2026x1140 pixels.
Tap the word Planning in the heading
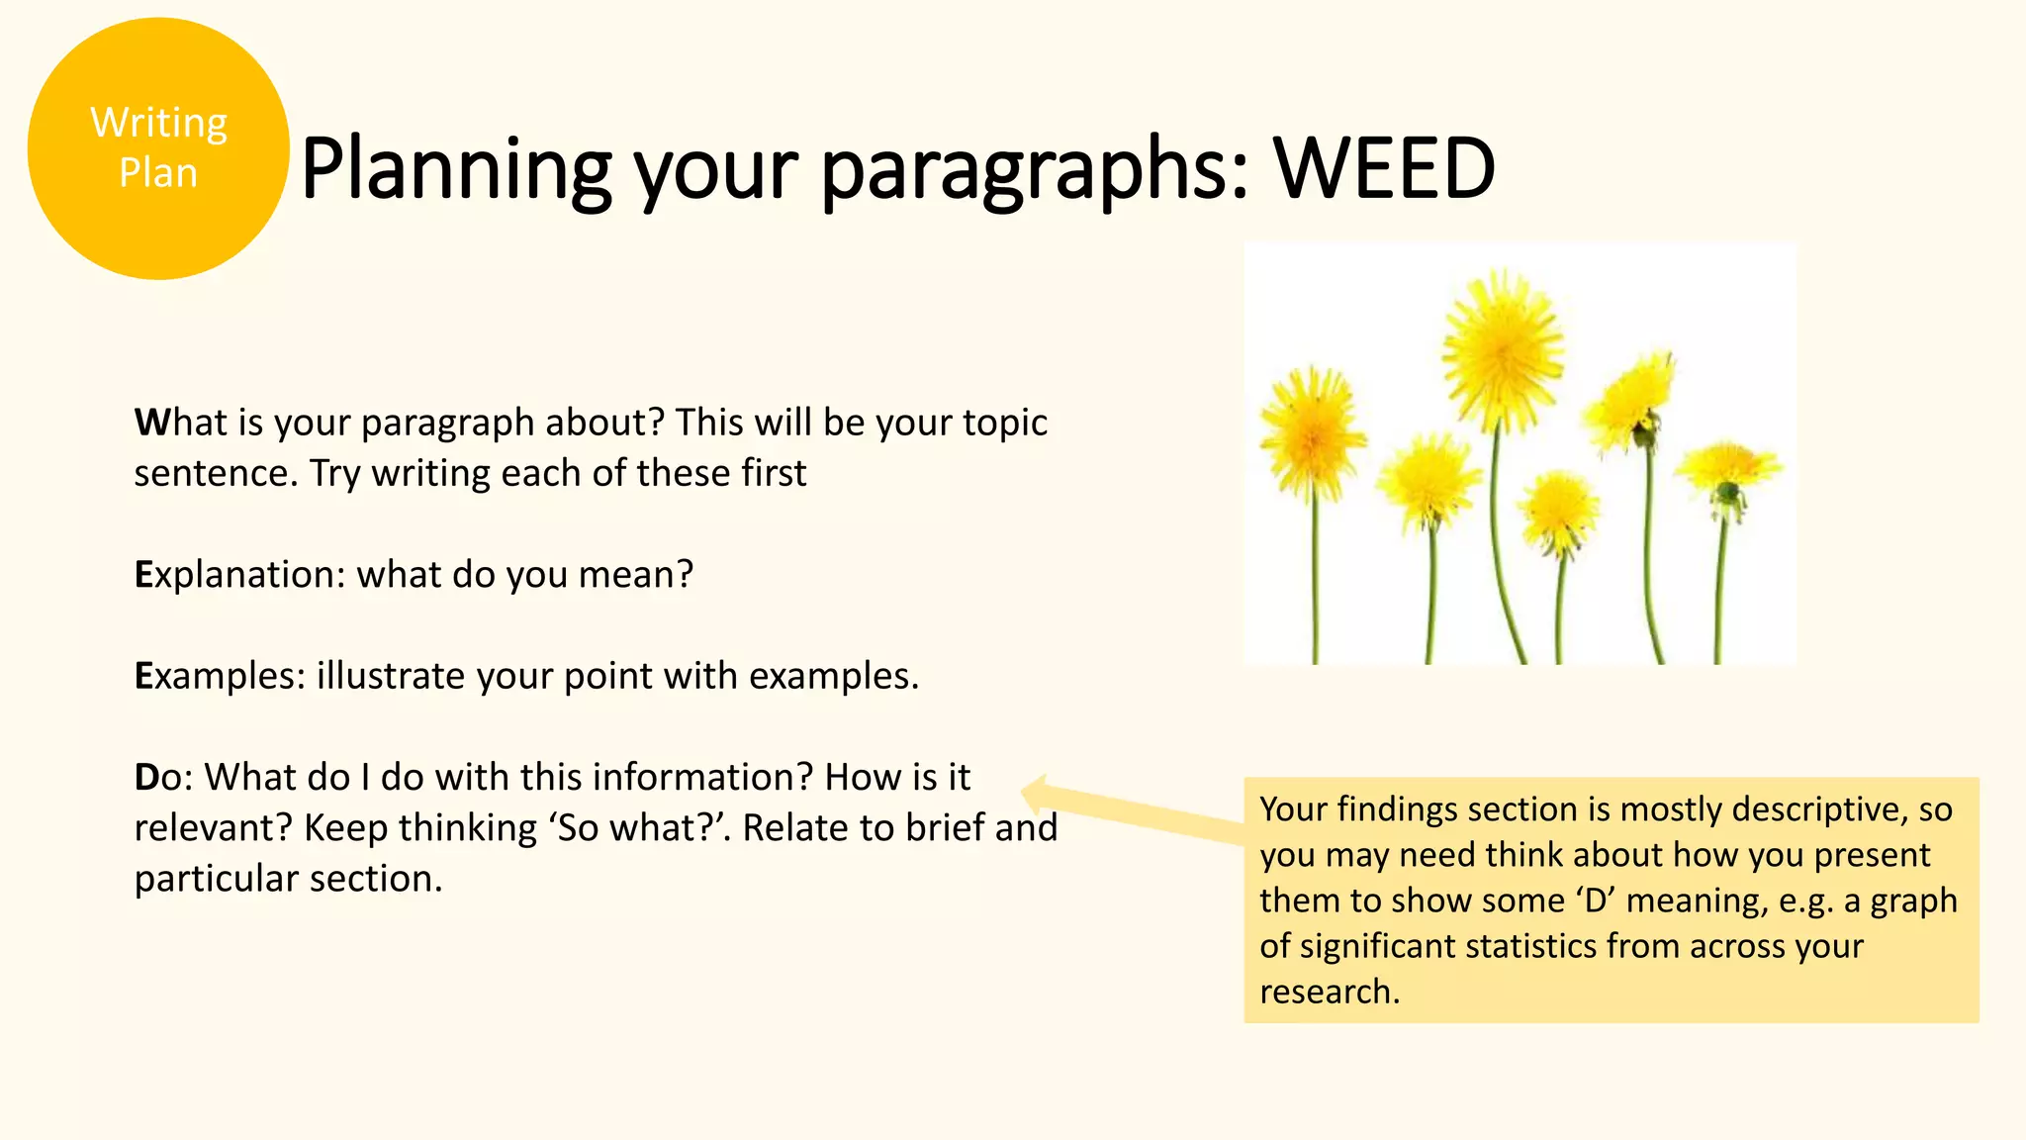456,170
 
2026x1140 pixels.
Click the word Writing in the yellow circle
159,123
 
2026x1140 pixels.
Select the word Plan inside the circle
158,172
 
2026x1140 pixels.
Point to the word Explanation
238,575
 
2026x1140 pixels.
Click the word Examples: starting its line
220,677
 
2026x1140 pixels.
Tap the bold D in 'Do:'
146,778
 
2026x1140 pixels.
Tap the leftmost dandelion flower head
1313,432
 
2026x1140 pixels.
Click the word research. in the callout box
1330,992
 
